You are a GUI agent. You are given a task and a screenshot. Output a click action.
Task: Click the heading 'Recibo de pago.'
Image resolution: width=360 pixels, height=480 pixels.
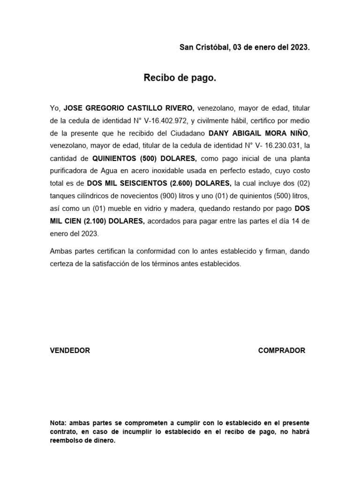pyautogui.click(x=180, y=78)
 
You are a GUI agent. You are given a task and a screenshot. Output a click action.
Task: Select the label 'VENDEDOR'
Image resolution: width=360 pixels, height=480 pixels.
pyautogui.click(x=70, y=351)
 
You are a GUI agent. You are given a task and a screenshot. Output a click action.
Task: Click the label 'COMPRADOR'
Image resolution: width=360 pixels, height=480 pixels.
pyautogui.click(x=281, y=351)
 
